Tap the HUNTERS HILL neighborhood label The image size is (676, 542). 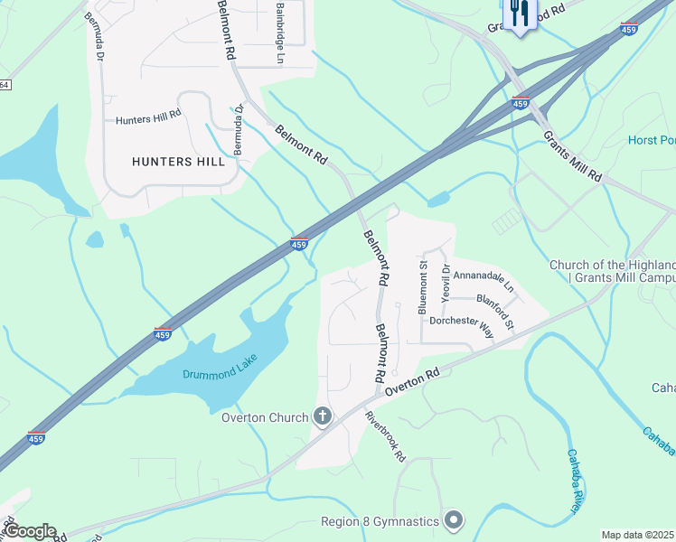(178, 162)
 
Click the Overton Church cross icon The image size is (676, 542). (322, 416)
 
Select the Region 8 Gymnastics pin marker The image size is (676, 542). (454, 520)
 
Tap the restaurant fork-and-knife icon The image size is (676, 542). (518, 13)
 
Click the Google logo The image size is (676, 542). (30, 531)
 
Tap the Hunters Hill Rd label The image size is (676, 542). (148, 117)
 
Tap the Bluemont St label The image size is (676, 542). (423, 288)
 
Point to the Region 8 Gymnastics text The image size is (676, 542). (380, 521)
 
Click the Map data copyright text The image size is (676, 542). (638, 535)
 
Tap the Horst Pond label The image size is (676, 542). (652, 141)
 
